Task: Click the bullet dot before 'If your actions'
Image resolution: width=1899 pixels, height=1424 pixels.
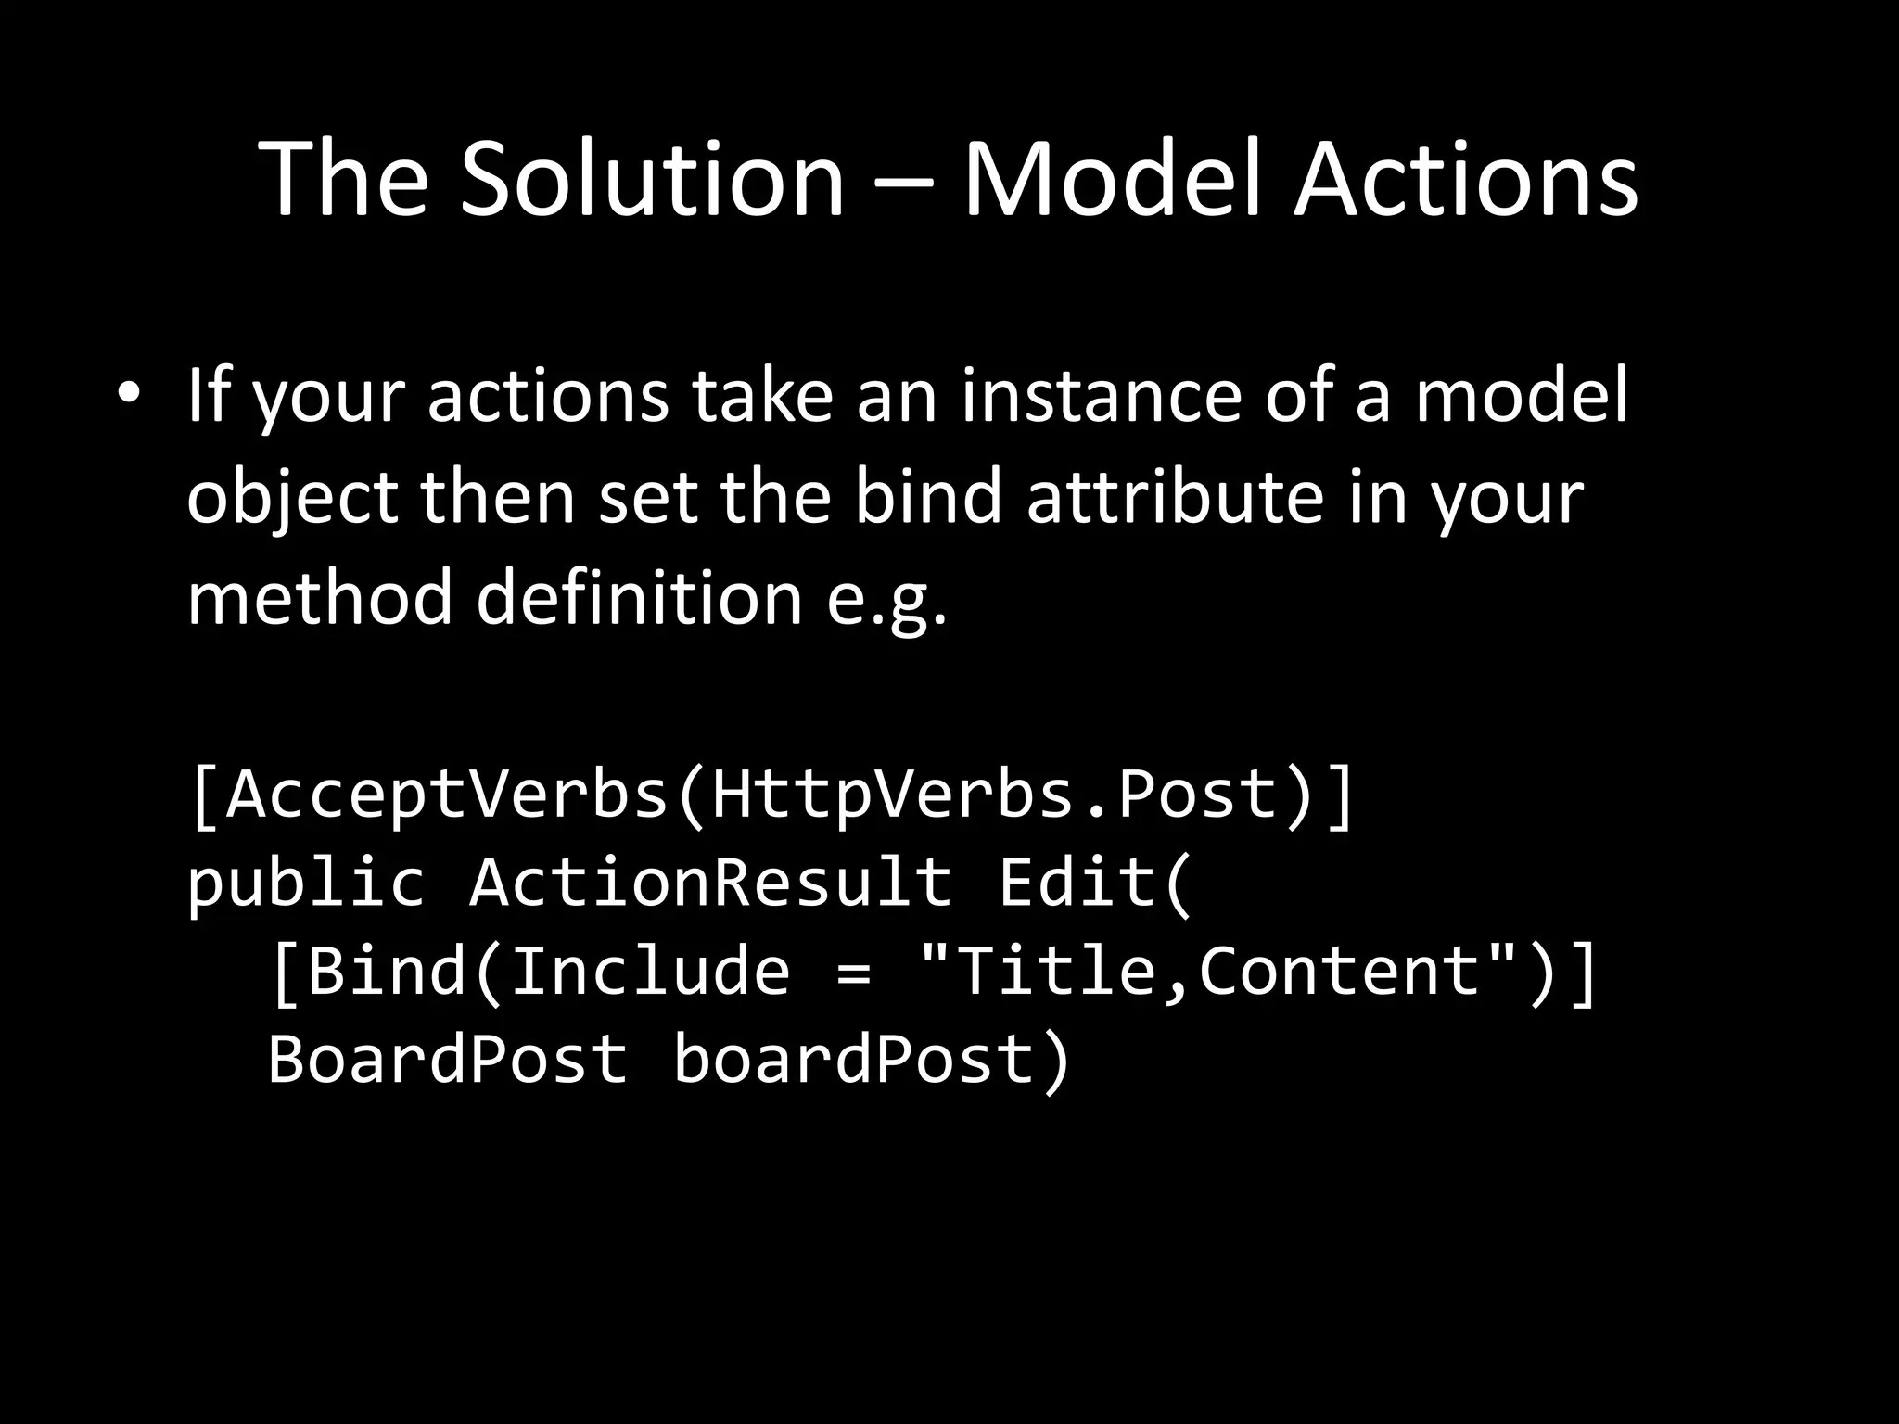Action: click(128, 393)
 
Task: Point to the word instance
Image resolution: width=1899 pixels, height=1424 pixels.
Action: click(1100, 397)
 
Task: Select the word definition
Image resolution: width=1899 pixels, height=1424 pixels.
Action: click(639, 598)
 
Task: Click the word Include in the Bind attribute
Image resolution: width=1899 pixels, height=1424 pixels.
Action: click(650, 971)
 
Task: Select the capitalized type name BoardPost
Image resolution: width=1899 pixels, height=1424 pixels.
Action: click(447, 1060)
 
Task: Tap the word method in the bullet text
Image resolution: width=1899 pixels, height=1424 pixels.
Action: click(320, 598)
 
